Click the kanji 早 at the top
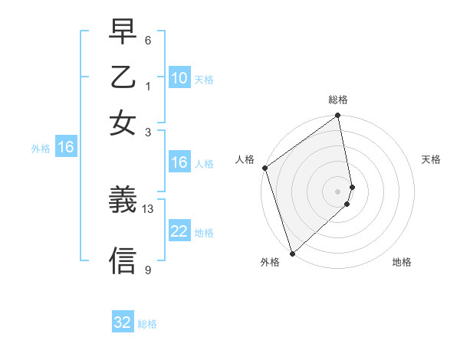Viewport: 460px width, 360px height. [123, 33]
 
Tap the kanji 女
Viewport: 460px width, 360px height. [123, 123]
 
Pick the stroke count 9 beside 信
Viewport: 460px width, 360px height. [148, 270]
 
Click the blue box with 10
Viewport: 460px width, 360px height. [179, 78]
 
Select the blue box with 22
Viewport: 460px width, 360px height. [179, 231]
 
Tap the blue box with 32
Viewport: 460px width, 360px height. [123, 322]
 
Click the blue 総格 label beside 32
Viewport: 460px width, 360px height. [147, 324]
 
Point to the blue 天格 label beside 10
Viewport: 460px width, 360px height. [204, 80]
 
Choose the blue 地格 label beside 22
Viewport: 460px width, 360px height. [204, 233]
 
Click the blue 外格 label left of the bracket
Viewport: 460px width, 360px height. [41, 149]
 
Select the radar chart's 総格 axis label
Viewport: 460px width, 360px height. [338, 100]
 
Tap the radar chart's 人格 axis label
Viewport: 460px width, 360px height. [245, 159]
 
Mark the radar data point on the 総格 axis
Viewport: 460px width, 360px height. [338, 116]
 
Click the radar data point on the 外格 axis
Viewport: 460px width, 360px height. [292, 253]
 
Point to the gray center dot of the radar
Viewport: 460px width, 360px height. [338, 191]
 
